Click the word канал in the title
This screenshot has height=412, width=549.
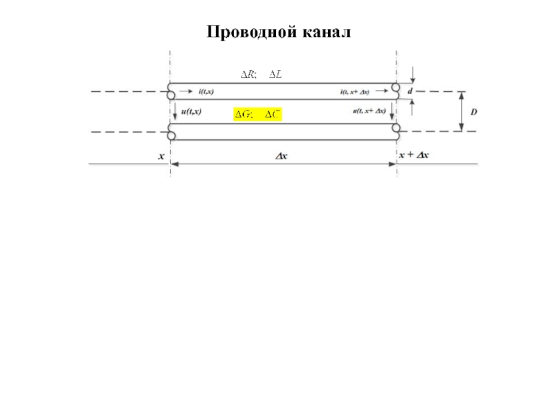click(325, 32)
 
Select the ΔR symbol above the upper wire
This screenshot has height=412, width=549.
click(247, 74)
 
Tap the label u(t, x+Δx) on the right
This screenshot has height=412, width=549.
click(369, 111)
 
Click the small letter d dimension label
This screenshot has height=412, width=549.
click(410, 91)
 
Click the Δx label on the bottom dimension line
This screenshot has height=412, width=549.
click(281, 156)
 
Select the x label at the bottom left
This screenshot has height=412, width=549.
click(162, 156)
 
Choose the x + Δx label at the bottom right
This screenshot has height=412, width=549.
click(414, 155)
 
